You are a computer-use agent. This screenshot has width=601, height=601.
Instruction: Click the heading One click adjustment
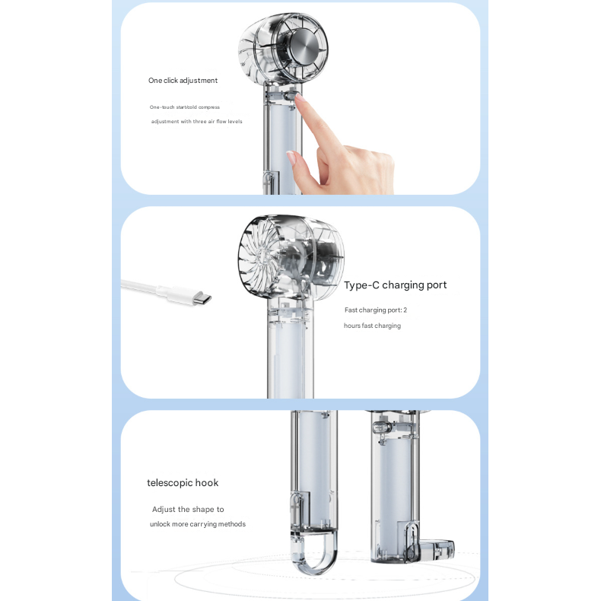(183, 81)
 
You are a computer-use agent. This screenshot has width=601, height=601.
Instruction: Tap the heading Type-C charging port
(395, 285)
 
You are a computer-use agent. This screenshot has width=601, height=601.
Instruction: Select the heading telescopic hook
(183, 483)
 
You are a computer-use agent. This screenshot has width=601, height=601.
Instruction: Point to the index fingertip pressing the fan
(300, 97)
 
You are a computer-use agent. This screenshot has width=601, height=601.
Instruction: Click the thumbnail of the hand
(291, 157)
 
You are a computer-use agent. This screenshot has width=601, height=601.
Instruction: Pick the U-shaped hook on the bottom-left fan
(313, 552)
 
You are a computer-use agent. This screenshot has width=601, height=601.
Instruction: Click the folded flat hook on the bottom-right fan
(437, 548)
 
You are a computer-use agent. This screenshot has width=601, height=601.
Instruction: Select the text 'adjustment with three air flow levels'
(196, 122)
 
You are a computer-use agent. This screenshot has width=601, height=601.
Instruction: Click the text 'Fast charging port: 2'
(376, 310)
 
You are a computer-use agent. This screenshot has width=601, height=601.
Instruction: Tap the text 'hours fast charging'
(372, 326)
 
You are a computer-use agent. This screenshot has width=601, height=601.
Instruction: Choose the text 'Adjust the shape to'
(188, 510)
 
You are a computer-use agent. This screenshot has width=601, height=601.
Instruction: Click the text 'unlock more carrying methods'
(197, 524)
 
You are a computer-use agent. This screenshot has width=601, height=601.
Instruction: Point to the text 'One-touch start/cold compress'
(185, 107)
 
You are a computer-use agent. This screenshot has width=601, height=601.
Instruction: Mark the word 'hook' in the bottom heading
(207, 483)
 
